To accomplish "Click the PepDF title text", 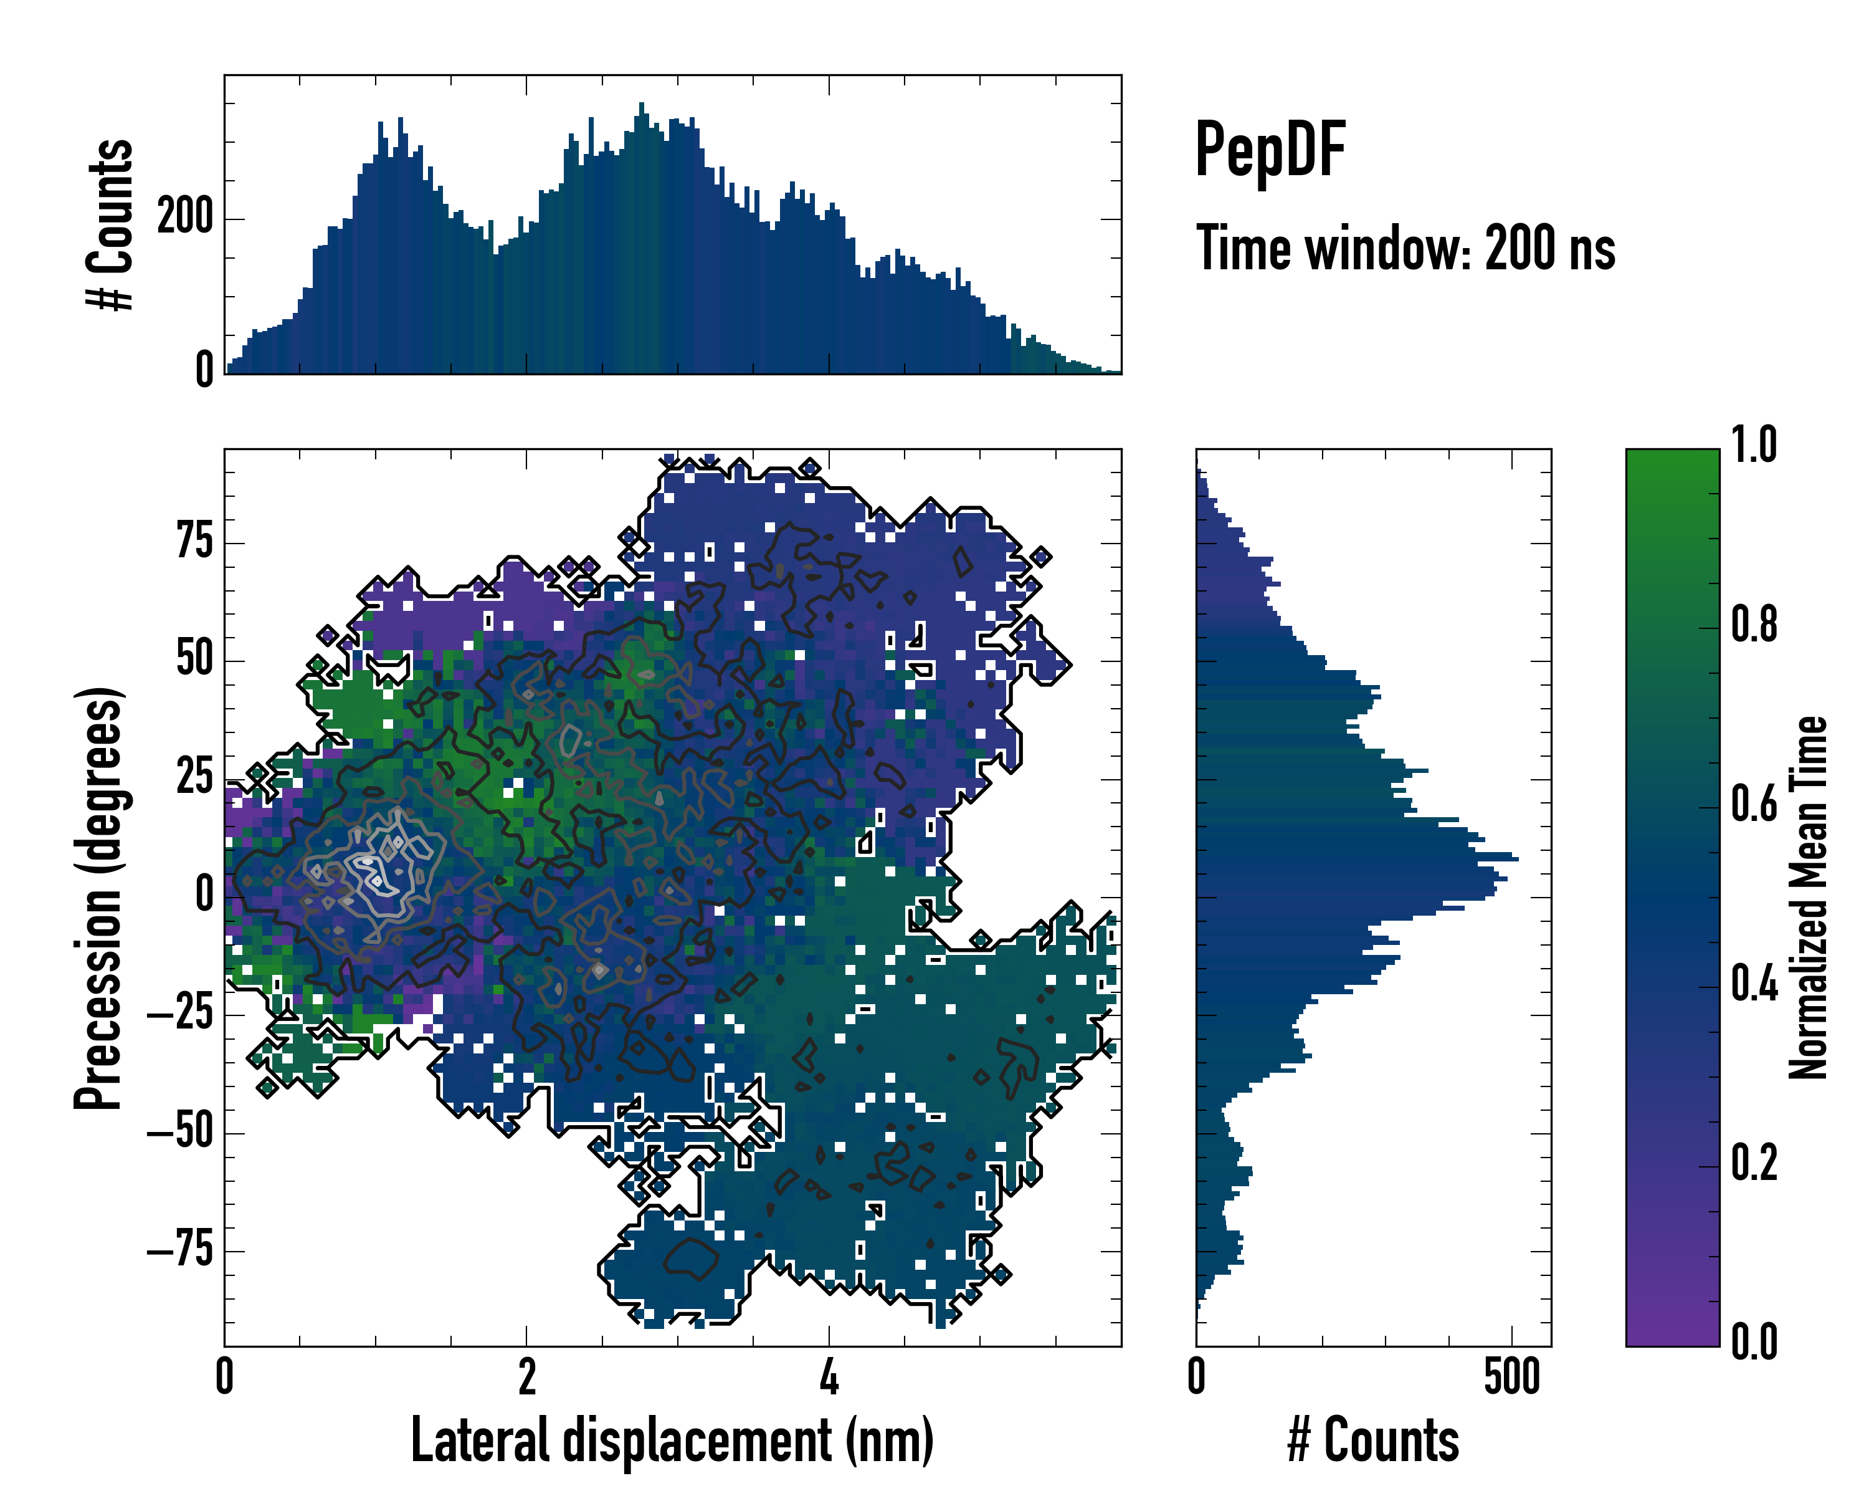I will tap(1270, 150).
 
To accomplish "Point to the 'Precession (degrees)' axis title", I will tap(98, 898).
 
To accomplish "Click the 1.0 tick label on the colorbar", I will tap(1754, 445).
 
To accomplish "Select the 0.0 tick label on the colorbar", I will tap(1754, 1341).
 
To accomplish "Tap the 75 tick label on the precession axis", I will tap(194, 542).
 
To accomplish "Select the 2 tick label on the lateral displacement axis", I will tap(527, 1377).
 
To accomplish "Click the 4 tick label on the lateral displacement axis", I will tap(829, 1377).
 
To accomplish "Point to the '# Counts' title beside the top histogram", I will tap(111, 224).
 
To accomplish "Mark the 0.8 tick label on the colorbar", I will tap(1754, 625).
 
